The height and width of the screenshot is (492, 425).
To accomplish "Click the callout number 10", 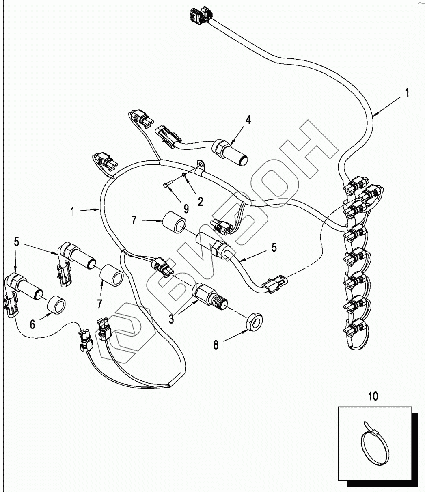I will [373, 396].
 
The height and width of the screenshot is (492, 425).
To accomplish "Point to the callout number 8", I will [216, 345].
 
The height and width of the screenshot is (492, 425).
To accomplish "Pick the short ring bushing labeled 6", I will [56, 305].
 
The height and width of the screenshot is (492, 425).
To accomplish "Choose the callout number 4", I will [248, 120].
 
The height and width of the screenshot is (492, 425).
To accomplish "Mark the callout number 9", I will [186, 209].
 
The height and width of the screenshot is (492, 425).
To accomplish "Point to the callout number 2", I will [200, 201].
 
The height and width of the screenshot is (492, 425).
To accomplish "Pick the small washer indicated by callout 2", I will [184, 175].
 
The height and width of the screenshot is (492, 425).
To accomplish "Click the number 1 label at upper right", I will [407, 93].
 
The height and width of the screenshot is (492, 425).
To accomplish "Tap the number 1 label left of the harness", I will [73, 211].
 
